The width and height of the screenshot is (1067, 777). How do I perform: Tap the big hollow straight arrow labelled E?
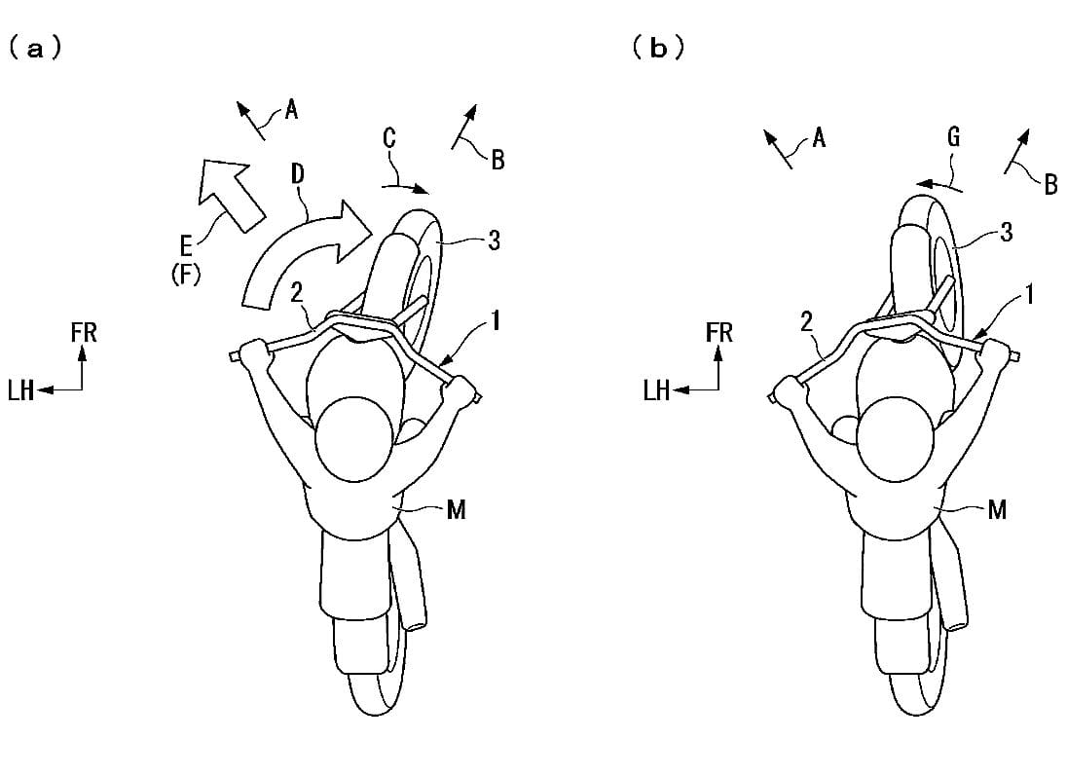coord(229,193)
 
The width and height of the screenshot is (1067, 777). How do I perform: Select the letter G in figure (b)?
coord(954,137)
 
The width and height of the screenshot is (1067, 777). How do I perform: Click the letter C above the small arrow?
coord(389,138)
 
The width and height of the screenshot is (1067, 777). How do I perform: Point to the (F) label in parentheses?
coord(186,276)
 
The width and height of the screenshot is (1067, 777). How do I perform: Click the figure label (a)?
coord(35,49)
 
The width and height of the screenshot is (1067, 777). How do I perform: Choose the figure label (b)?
coord(658,49)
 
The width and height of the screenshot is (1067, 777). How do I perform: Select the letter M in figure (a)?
coord(457,509)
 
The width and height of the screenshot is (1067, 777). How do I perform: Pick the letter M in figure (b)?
coord(997,509)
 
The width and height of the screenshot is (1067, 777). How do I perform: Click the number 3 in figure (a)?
coord(495,240)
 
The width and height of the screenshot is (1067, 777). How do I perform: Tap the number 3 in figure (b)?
coord(1007,232)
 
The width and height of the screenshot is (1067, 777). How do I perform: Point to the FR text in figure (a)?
coord(84,333)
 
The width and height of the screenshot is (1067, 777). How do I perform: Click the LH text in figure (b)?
coord(657,390)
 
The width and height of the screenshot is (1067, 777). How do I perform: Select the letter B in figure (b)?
coord(1050,184)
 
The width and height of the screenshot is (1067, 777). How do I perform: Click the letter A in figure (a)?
coord(291,109)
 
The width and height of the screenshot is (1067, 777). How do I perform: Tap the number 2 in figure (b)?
coord(806,322)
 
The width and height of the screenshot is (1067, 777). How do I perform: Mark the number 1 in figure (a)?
coord(497,320)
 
